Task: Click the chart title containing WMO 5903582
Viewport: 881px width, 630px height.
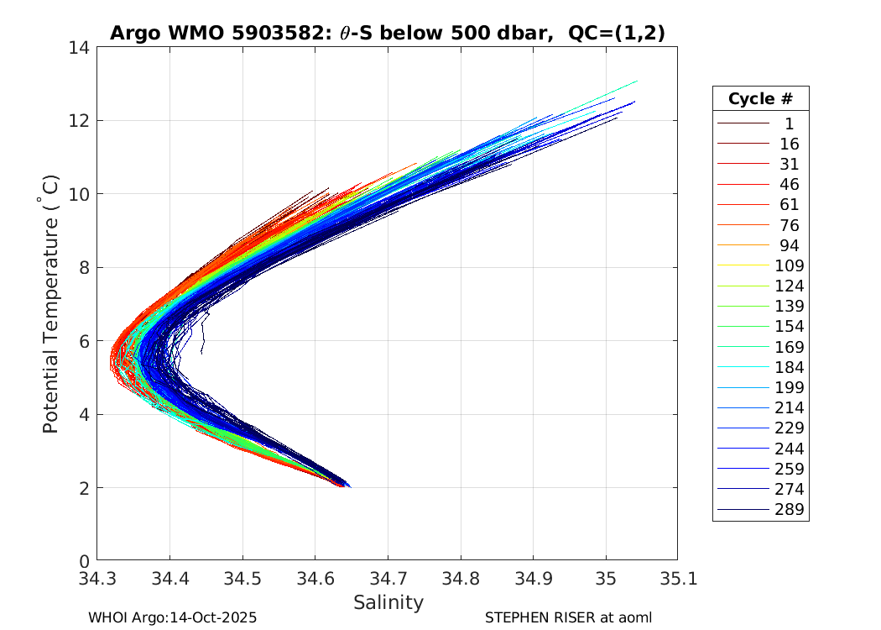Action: click(x=388, y=33)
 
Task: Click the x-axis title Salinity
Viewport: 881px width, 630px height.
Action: click(x=388, y=602)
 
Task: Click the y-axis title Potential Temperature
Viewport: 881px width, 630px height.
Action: click(x=51, y=304)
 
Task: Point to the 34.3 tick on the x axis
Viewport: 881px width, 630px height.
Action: click(x=97, y=579)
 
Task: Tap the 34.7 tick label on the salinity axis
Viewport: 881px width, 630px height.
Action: click(x=388, y=579)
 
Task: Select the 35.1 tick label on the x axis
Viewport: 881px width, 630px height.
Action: click(x=677, y=579)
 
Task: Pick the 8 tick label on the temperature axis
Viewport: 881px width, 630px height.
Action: click(x=84, y=268)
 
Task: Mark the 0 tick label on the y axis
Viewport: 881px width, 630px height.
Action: click(x=84, y=561)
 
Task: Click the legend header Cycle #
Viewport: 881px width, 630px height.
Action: click(x=760, y=99)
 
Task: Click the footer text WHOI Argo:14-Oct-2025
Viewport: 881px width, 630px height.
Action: click(x=172, y=617)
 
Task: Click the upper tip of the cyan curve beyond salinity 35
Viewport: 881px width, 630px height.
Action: click(x=637, y=81)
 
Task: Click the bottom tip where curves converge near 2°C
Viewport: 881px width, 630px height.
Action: click(x=346, y=486)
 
